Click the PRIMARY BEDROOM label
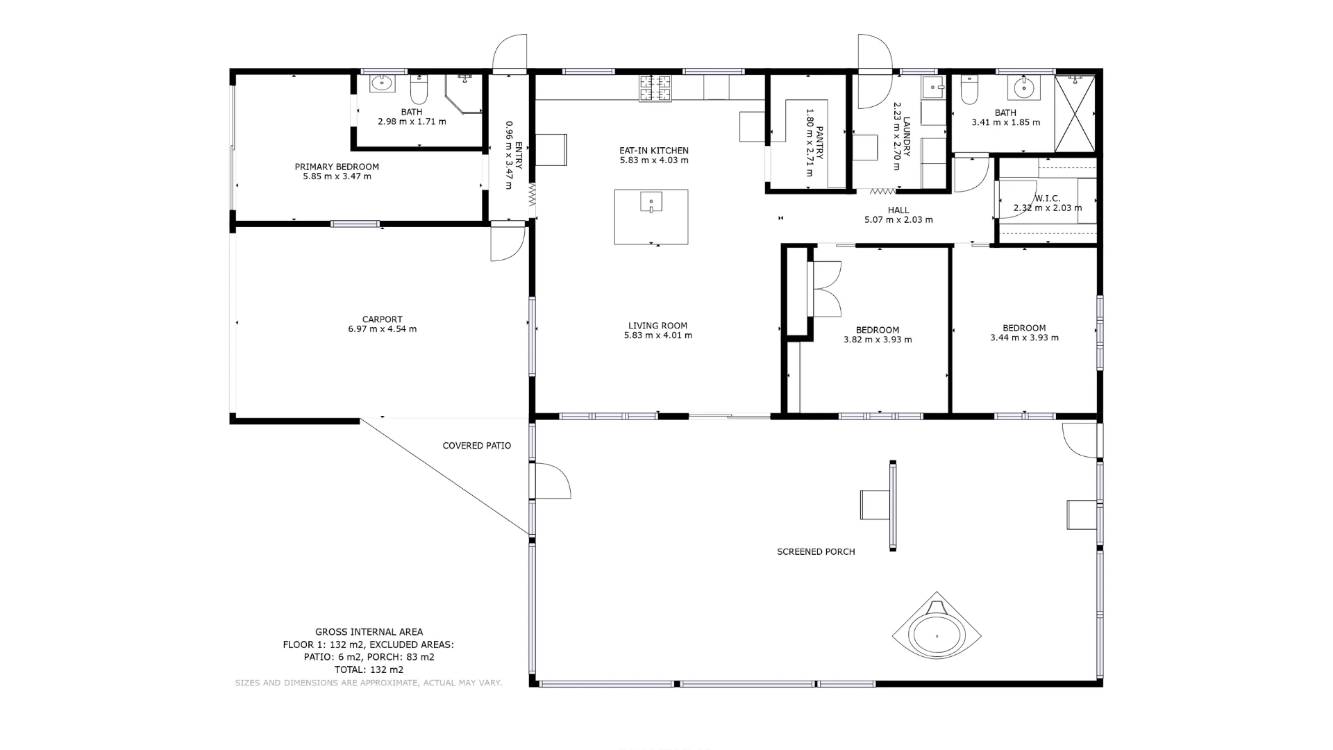coord(337,167)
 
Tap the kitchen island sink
coord(651,202)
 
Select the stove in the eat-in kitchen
coord(655,88)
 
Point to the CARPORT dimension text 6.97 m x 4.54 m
coord(383,329)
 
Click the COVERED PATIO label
coord(477,446)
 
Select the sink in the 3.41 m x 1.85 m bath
coord(1023,88)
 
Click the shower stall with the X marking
coord(1074,114)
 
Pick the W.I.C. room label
coord(1047,199)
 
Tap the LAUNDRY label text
coord(906,137)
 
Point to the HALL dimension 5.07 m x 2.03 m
coord(898,220)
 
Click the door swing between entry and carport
coord(507,243)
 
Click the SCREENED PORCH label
coord(816,552)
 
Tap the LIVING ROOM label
coord(657,326)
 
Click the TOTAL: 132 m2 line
coord(369,670)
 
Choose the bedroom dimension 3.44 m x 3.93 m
coord(1024,338)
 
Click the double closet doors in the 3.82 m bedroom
coord(826,289)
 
